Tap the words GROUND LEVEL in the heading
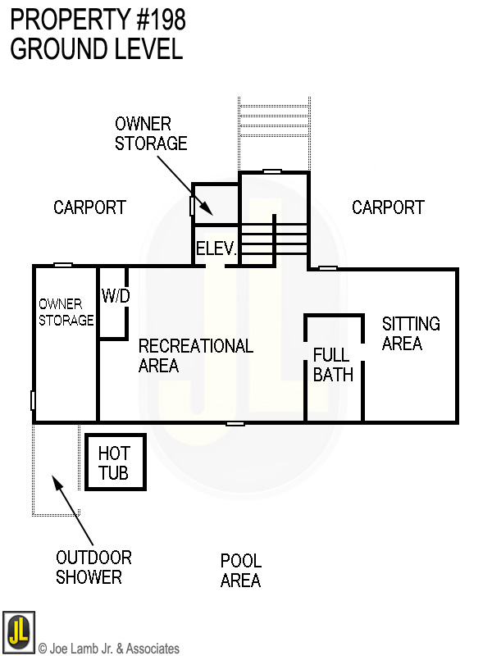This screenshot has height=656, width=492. (96, 48)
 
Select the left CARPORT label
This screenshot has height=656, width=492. (89, 207)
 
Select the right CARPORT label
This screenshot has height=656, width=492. (388, 207)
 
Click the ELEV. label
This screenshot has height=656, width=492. (216, 249)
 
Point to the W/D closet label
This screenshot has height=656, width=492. (116, 296)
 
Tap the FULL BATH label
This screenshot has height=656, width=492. (332, 365)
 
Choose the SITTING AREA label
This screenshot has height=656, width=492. (410, 334)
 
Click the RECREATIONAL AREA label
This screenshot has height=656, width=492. (195, 356)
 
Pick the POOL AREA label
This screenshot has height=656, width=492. (240, 571)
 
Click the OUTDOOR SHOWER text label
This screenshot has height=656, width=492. (93, 567)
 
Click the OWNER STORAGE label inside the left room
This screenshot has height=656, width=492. (66, 312)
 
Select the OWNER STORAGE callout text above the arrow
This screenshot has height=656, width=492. (150, 134)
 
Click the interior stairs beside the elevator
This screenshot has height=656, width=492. (274, 238)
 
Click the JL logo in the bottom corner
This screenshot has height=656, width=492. (18, 631)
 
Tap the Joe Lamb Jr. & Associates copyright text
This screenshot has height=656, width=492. (108, 649)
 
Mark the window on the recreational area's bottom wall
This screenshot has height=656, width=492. (235, 423)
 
